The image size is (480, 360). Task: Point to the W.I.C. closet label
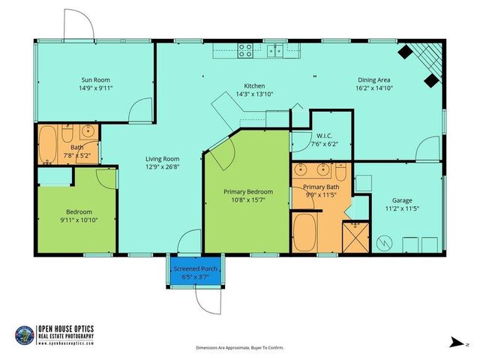[x=324, y=136]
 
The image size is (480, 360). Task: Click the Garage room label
[x=403, y=200]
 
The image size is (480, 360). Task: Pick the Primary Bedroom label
[x=248, y=191]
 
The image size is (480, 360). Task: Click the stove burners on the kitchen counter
[x=245, y=51]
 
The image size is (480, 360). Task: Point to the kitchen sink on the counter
[x=276, y=51]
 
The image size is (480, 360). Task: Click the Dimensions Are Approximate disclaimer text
[x=240, y=348]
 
